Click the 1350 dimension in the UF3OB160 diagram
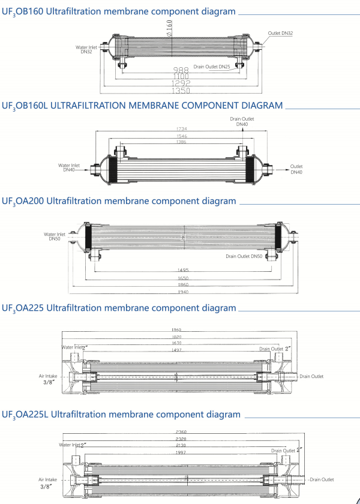click(181, 91)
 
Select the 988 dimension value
click(181, 70)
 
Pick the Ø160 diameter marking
click(170, 26)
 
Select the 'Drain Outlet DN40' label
click(242, 122)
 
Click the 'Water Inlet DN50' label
click(55, 236)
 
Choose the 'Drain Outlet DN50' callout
click(244, 256)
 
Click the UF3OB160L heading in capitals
click(142, 106)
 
